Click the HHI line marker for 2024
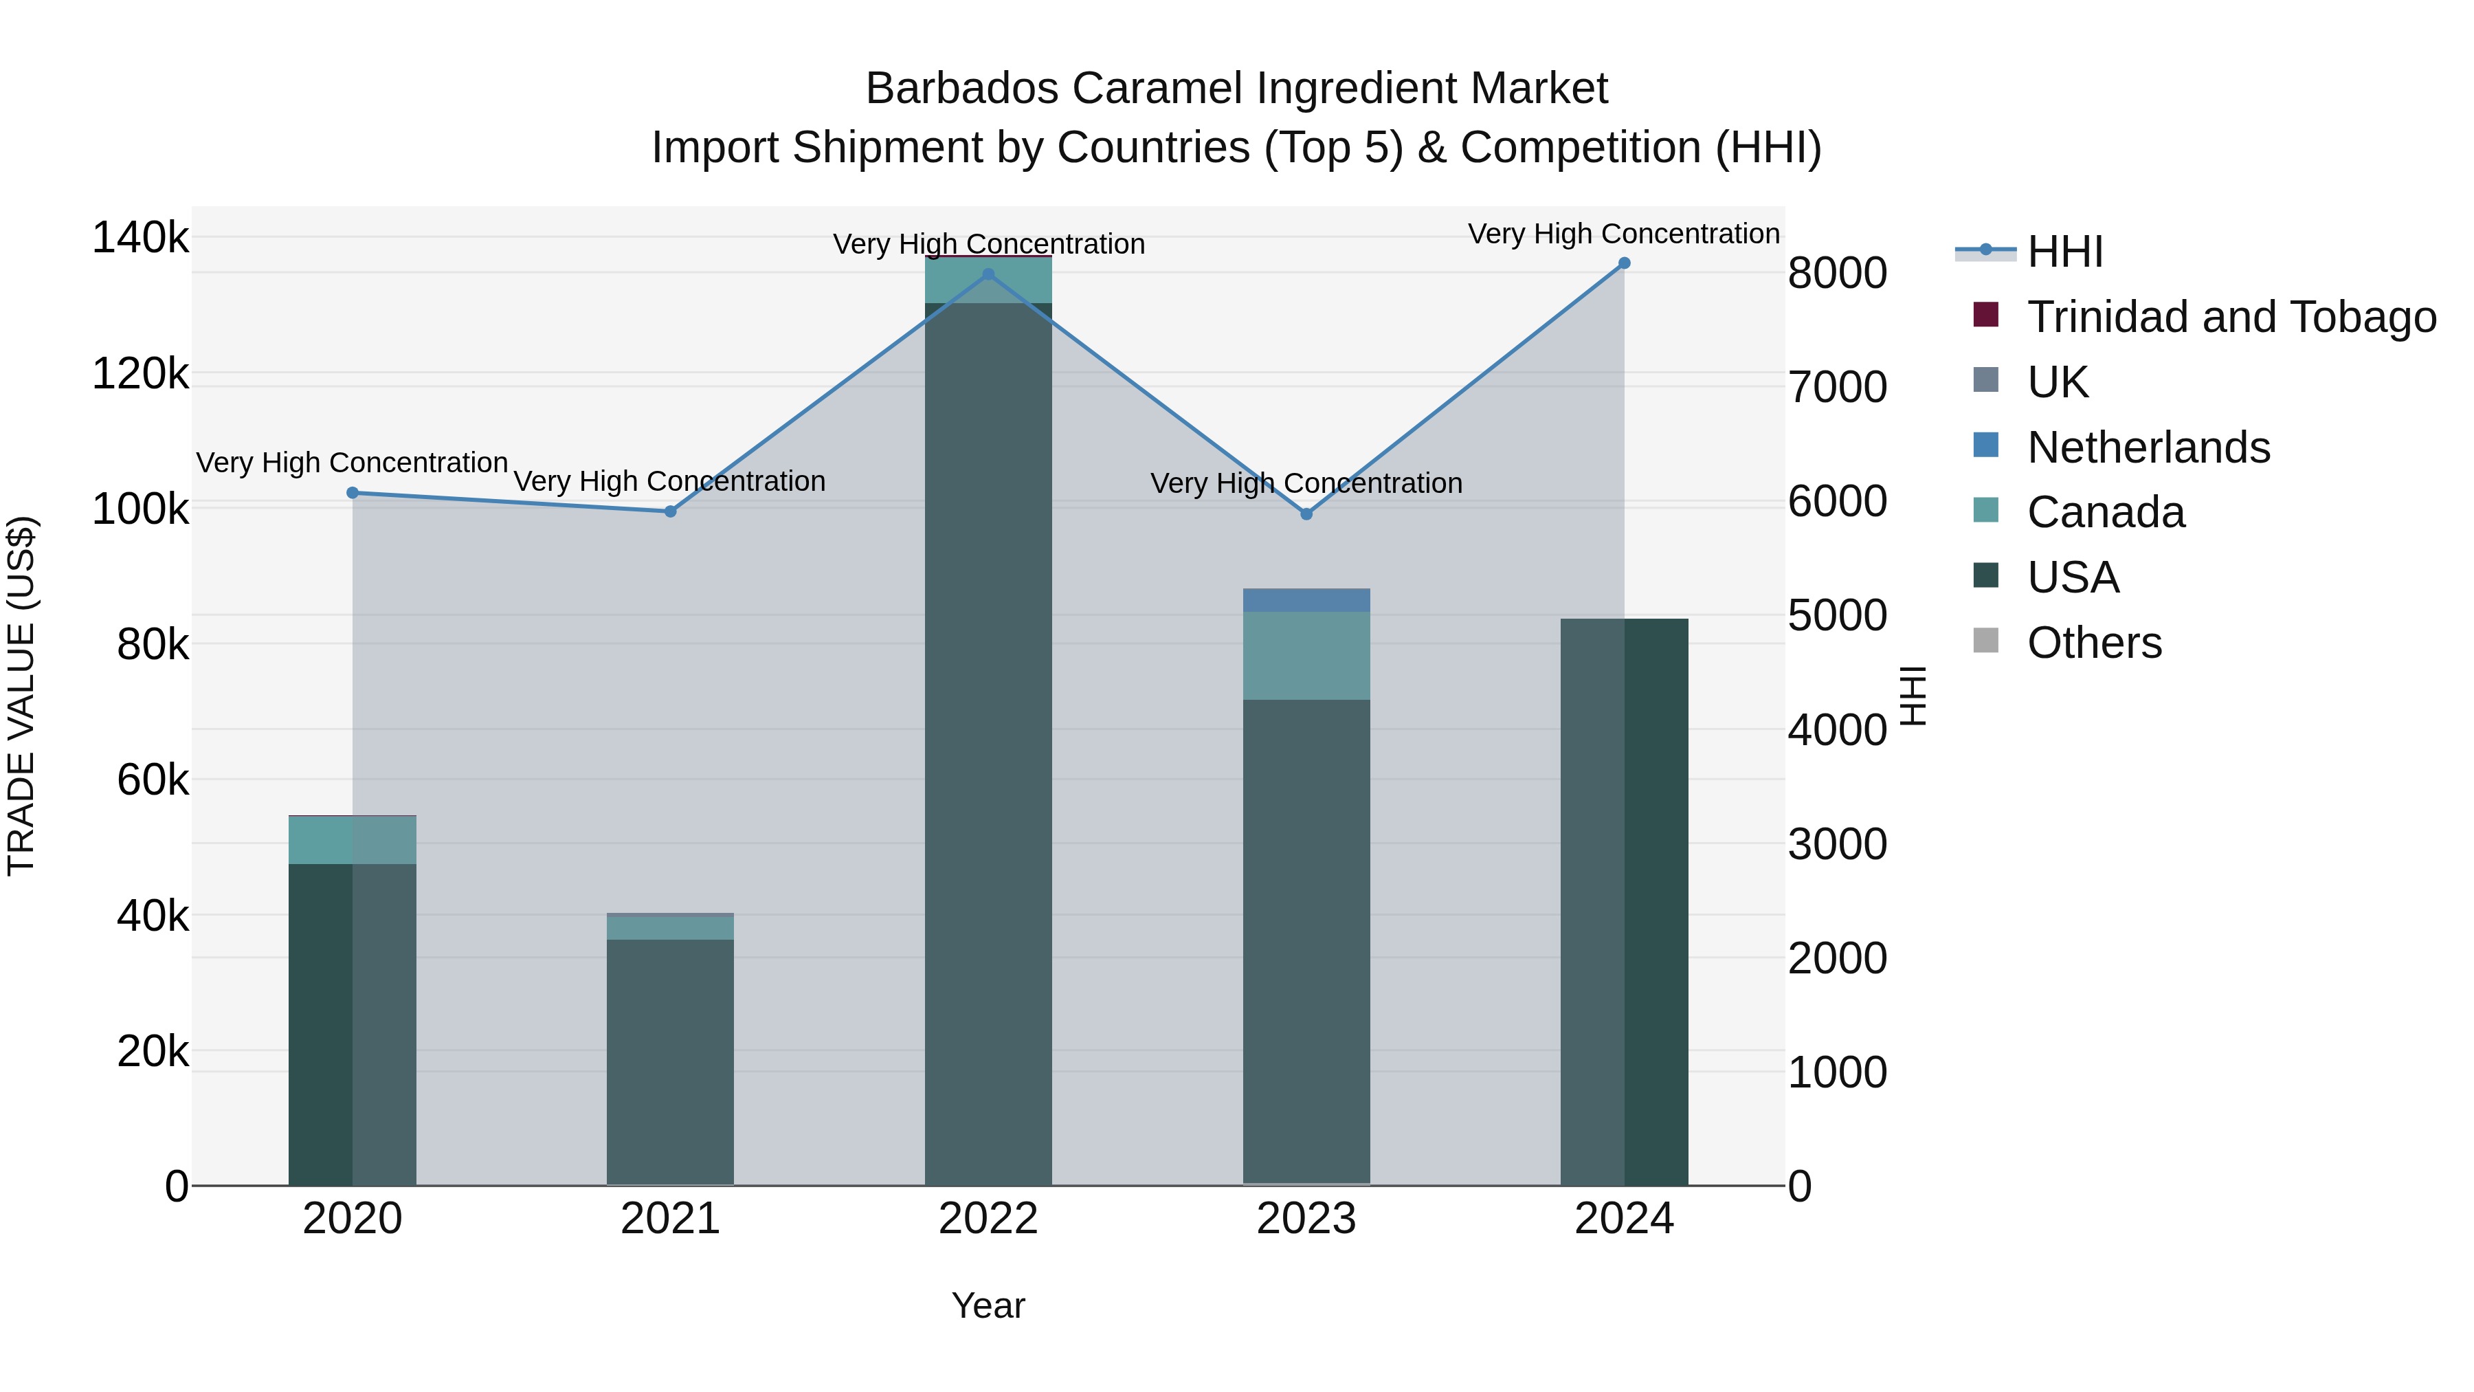(x=1624, y=263)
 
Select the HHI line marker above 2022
(x=988, y=275)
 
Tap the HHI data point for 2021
(x=670, y=512)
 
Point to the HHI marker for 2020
(x=353, y=493)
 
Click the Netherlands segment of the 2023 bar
(x=1306, y=600)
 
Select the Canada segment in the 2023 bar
(x=1306, y=655)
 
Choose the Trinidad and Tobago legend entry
(x=2231, y=317)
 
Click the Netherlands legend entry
(x=2148, y=448)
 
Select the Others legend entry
(x=2094, y=643)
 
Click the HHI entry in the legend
(x=2065, y=252)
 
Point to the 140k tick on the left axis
(x=140, y=237)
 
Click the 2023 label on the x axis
(x=1306, y=1219)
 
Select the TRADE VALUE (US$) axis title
(x=21, y=696)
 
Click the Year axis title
(x=988, y=1305)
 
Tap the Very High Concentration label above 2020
(x=353, y=463)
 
